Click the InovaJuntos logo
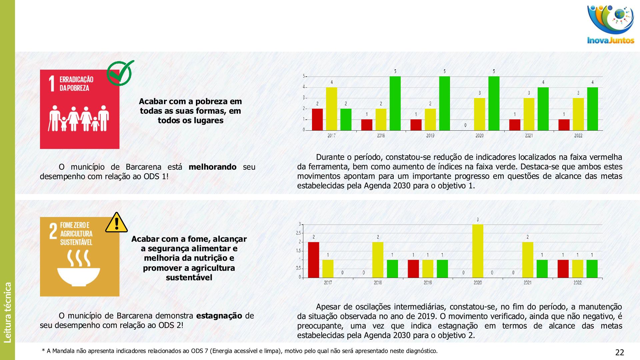(x=610, y=25)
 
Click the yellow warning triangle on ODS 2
(x=116, y=223)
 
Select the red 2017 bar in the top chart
(x=317, y=119)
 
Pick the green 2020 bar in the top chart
(x=494, y=103)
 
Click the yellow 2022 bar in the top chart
(x=578, y=114)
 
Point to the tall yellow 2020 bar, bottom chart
(x=478, y=251)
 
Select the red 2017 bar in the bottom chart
(x=313, y=260)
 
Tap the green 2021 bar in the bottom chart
(x=542, y=268)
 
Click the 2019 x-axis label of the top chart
(x=430, y=136)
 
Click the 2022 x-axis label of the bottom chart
(x=577, y=283)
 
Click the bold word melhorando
(x=212, y=167)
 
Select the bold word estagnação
(x=219, y=316)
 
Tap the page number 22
(x=619, y=352)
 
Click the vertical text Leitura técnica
(x=7, y=312)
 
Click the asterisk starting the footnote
(x=43, y=351)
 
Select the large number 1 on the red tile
(x=52, y=83)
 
